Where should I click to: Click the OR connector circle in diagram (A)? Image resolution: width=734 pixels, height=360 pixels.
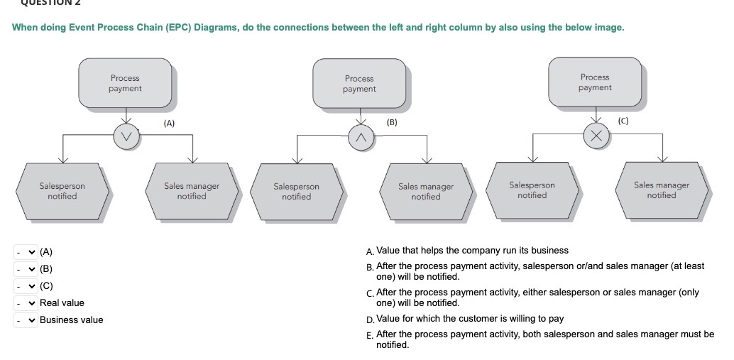click(126, 136)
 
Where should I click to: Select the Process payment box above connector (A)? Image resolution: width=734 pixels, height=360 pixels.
click(125, 83)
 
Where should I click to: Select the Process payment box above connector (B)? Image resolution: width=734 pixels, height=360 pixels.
click(359, 84)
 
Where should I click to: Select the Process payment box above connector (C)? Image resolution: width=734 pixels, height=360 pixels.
click(595, 82)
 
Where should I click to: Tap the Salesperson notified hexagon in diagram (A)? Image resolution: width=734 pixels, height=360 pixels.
click(62, 191)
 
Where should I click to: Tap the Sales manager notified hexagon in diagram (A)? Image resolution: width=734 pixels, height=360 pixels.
click(192, 191)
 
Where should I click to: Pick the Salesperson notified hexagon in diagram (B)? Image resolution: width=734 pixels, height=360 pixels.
click(297, 192)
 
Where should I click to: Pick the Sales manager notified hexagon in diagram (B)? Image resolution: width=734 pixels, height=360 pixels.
click(426, 192)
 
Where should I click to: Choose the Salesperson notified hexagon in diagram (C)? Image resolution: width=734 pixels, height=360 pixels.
click(532, 190)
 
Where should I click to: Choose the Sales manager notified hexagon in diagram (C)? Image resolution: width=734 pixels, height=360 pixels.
click(662, 190)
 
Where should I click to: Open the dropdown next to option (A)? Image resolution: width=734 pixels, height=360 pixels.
click(26, 252)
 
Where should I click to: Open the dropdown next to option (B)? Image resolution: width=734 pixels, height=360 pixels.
click(26, 269)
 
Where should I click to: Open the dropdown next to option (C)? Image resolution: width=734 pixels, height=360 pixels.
click(26, 286)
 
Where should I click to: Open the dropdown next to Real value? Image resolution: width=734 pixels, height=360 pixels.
click(26, 303)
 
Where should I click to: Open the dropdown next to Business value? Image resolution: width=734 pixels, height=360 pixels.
click(26, 320)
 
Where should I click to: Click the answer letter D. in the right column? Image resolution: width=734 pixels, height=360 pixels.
click(370, 319)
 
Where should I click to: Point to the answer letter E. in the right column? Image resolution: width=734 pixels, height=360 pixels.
click(370, 335)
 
